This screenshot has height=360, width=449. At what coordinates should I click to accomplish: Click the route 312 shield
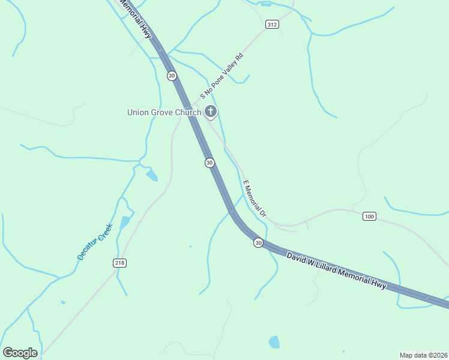point(272,24)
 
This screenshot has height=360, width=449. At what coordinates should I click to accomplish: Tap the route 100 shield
point(369,216)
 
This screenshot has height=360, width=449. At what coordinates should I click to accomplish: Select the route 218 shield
point(119,263)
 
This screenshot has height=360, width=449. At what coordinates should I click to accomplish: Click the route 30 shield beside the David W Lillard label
point(258,242)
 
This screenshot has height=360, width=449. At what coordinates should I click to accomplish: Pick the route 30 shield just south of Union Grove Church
point(209,163)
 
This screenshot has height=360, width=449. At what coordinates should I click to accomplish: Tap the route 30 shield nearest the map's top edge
point(172,75)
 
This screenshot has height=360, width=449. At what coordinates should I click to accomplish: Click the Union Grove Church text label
point(163,112)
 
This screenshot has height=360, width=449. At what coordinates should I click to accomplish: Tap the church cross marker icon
point(210,111)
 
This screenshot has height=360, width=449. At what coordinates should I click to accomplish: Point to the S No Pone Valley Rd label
point(221,76)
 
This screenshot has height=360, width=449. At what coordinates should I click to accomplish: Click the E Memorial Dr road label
point(254,199)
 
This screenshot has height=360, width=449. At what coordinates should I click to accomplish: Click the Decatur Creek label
point(95,241)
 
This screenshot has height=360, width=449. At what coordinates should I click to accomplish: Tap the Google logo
point(20,353)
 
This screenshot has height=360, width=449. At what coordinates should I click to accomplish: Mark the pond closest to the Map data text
point(274,342)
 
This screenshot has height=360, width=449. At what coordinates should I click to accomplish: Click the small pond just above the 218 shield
point(125,222)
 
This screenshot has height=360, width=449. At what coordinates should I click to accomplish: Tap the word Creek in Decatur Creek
point(103,233)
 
